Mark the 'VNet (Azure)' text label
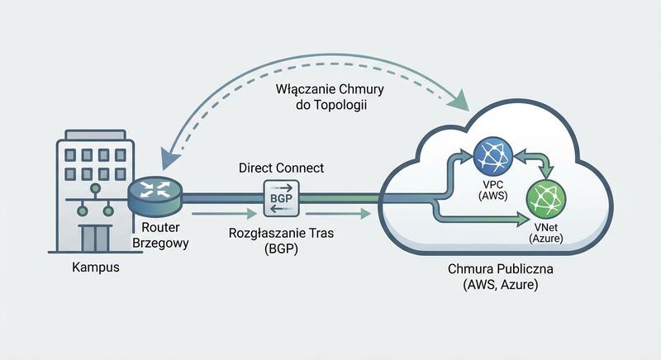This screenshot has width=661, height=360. click(x=546, y=232)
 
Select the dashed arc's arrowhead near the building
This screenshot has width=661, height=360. click(x=169, y=151)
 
